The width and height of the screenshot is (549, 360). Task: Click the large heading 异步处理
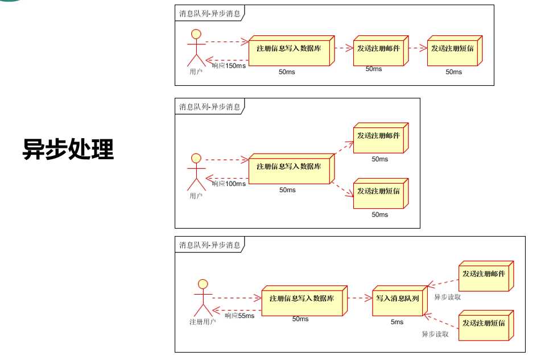click(x=68, y=149)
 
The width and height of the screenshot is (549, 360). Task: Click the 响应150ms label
click(x=229, y=66)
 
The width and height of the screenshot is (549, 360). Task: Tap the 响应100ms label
click(x=229, y=184)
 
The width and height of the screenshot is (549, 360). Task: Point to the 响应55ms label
click(x=240, y=316)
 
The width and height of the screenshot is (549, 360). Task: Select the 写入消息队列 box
click(x=400, y=301)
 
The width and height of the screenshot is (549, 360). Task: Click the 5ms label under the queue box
click(x=397, y=322)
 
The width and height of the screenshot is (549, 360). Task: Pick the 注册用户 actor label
click(x=203, y=322)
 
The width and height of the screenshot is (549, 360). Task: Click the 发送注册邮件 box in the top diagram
click(x=381, y=51)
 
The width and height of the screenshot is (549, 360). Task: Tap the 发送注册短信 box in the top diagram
click(x=455, y=51)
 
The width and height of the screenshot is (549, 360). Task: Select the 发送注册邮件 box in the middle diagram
click(x=381, y=138)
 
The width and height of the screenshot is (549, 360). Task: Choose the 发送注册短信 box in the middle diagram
click(x=381, y=193)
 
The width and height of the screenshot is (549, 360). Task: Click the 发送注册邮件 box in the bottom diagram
click(x=486, y=276)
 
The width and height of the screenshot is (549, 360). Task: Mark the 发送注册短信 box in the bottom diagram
click(x=486, y=325)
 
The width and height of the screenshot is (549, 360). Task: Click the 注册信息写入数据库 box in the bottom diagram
click(x=304, y=301)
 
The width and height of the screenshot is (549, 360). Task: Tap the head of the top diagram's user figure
click(x=196, y=34)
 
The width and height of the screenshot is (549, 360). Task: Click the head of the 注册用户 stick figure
click(x=203, y=284)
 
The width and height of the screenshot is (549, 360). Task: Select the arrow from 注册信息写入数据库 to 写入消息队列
click(x=360, y=298)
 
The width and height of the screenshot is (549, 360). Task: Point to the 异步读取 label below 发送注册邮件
click(x=448, y=297)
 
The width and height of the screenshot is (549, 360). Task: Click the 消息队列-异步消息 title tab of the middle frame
click(x=210, y=106)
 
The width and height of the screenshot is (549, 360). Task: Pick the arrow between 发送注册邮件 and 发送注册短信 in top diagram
click(x=418, y=48)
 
